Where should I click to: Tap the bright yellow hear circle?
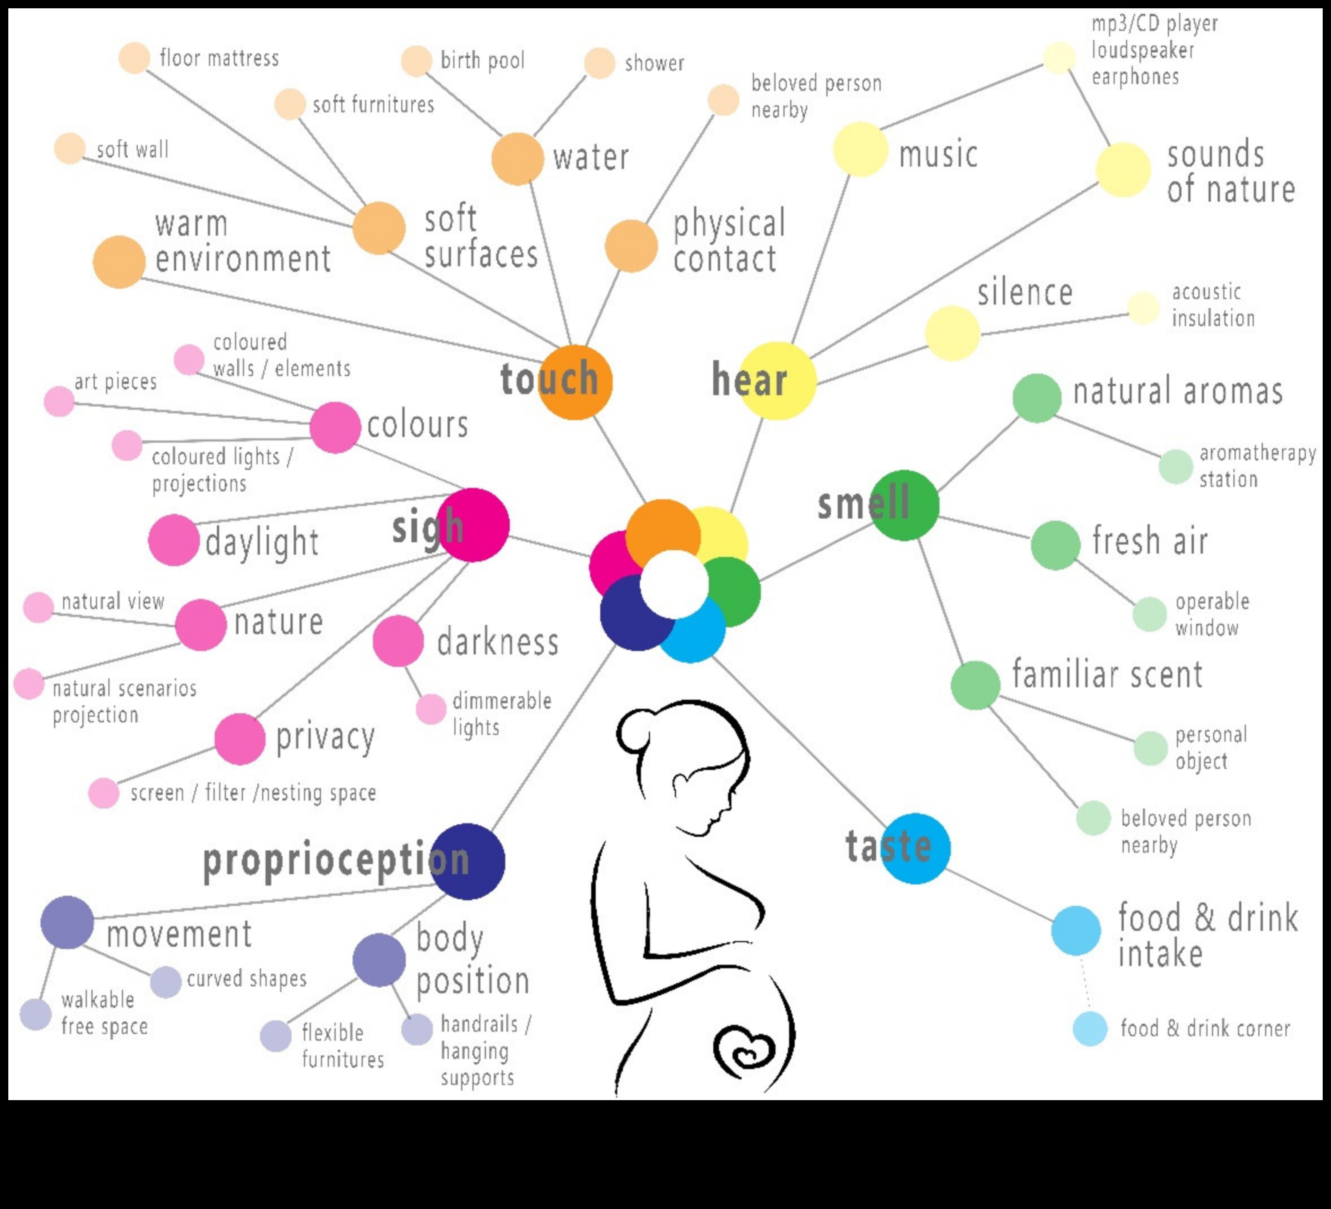tap(777, 381)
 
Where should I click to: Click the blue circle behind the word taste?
tap(915, 848)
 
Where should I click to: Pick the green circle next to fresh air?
tap(1055, 545)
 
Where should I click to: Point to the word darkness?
tap(498, 642)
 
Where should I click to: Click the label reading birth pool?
tap(483, 61)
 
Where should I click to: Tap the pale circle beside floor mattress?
tap(134, 58)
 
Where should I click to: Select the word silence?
tap(1025, 292)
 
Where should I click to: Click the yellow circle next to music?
tap(860, 149)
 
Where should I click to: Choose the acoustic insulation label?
tap(1213, 305)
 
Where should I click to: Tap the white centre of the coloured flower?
tap(673, 584)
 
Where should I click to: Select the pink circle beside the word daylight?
tap(174, 540)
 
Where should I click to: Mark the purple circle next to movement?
tap(67, 922)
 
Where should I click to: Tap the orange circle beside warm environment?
tap(119, 261)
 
